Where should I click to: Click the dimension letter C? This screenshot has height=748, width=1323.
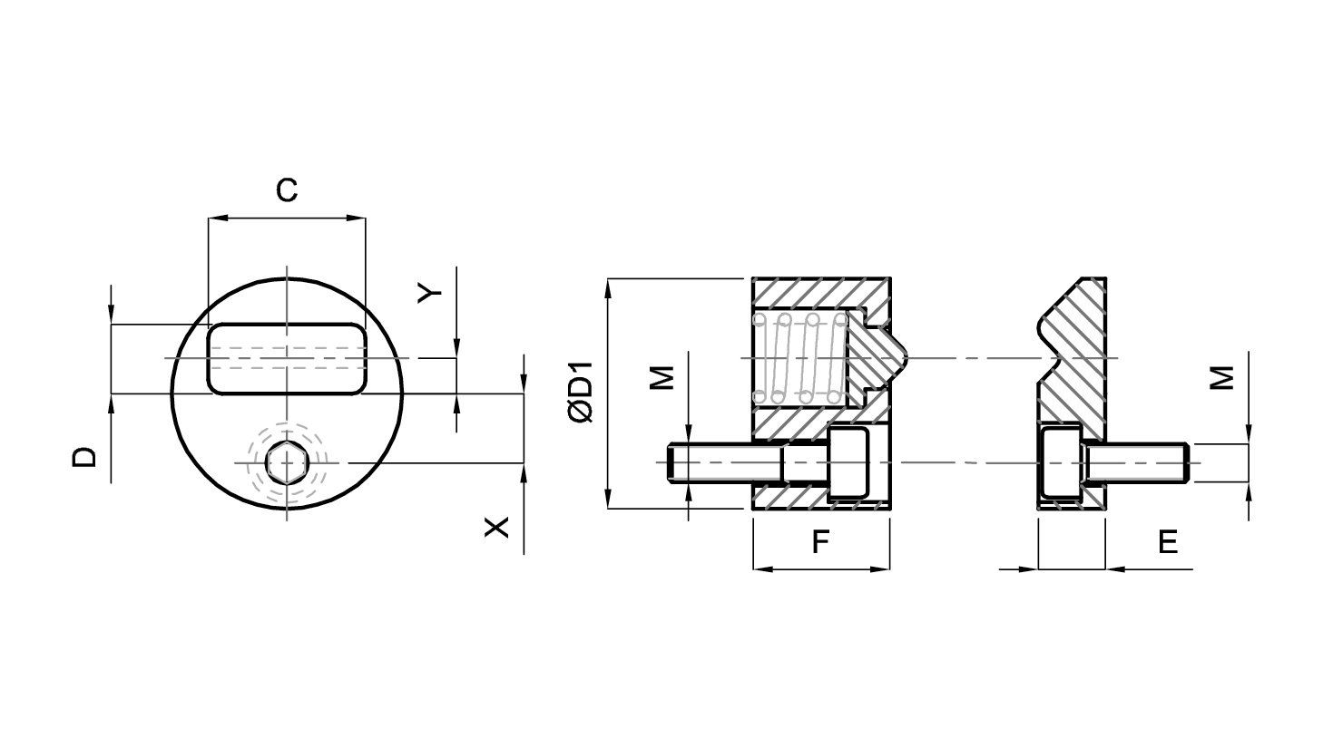click(287, 190)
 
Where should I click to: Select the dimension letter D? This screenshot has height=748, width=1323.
click(84, 457)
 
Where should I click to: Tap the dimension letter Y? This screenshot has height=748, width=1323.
click(429, 292)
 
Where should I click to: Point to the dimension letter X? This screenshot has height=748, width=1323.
click(496, 527)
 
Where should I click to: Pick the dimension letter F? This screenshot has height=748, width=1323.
click(820, 542)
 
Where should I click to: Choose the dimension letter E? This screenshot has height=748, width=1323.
click(1168, 542)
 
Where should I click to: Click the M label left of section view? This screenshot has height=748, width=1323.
click(662, 378)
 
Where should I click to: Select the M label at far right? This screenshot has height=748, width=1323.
click(1222, 378)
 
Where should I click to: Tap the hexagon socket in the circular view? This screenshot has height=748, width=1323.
click(287, 462)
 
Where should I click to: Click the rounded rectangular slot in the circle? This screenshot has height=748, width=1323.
click(287, 358)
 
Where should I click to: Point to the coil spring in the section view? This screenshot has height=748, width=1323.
click(800, 358)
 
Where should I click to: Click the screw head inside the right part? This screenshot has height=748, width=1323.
click(1060, 462)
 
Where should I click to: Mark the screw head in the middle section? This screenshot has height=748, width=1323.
click(848, 464)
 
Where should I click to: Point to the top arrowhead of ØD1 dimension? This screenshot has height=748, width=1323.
click(608, 288)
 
